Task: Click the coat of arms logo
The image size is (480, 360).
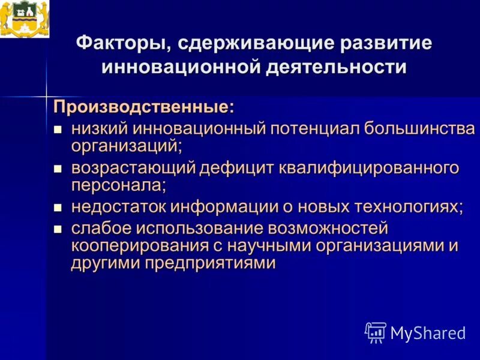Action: [x=25, y=19]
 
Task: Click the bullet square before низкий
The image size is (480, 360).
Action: [x=58, y=129]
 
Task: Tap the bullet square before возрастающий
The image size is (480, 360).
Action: [x=58, y=169]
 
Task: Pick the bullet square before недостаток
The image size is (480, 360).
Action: [x=58, y=208]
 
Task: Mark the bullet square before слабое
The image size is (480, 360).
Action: [x=58, y=228]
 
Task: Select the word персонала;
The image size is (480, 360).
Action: [x=118, y=185]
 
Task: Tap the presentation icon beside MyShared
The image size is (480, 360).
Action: [x=376, y=332]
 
